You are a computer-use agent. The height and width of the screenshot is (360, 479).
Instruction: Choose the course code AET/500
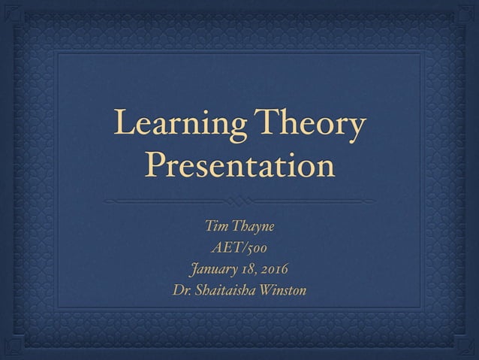[x=239, y=247]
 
